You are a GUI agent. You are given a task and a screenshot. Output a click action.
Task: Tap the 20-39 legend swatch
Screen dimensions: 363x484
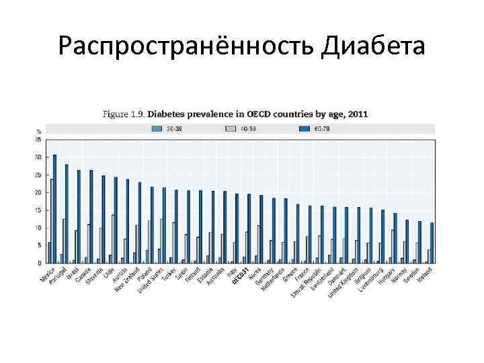coord(157,128)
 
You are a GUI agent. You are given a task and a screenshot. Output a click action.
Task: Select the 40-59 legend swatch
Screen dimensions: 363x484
coord(231,128)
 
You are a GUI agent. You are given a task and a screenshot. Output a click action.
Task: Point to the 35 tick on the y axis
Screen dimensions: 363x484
coord(38,139)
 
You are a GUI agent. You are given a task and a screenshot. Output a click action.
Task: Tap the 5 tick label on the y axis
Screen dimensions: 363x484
coord(39,245)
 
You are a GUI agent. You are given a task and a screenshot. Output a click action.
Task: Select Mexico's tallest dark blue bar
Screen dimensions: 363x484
coord(55,208)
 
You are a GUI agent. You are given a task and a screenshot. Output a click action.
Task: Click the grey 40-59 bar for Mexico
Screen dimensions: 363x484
coord(51,220)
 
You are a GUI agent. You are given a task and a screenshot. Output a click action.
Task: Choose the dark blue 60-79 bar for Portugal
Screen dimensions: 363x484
coord(67,213)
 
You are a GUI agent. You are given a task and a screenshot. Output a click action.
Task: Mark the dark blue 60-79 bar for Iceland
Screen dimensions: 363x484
coord(432,243)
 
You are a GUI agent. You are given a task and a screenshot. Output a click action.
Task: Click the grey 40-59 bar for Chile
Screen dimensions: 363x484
coord(113,239)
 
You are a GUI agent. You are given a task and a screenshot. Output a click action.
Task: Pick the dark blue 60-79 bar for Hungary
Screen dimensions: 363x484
coord(395,237)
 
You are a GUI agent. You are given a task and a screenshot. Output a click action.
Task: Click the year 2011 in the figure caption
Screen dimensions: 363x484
coord(357,114)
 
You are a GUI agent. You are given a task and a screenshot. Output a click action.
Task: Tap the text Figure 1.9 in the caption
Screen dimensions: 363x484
coord(123,114)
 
